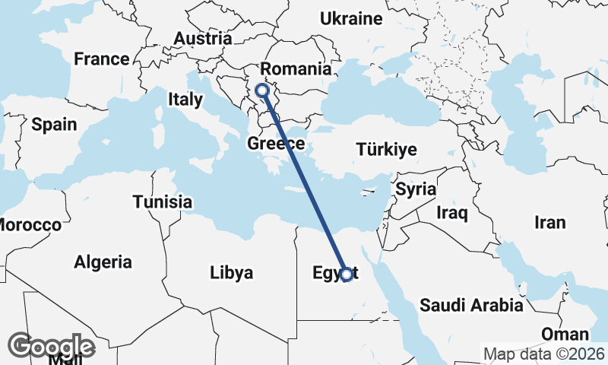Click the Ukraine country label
click(350, 18)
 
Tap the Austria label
click(202, 38)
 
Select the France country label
click(102, 59)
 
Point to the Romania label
click(296, 69)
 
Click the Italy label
click(185, 99)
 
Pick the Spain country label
click(54, 124)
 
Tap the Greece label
click(277, 143)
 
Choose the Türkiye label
click(386, 149)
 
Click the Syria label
click(416, 189)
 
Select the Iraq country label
click(451, 213)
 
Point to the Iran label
click(550, 222)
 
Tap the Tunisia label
click(162, 202)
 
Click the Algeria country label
click(103, 262)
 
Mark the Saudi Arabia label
click(471, 306)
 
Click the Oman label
click(565, 335)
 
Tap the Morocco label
click(29, 225)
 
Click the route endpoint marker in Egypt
click(347, 275)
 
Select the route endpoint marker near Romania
click(263, 90)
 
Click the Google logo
click(52, 346)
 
